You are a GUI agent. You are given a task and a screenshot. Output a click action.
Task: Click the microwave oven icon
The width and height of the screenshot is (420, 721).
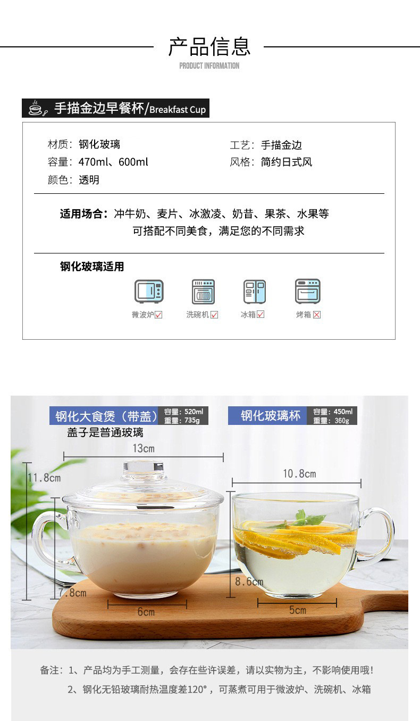pyautogui.click(x=149, y=291)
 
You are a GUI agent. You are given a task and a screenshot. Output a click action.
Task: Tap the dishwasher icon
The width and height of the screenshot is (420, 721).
pyautogui.click(x=203, y=292)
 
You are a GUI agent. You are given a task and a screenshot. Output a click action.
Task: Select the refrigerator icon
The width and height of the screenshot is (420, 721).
pyautogui.click(x=255, y=292)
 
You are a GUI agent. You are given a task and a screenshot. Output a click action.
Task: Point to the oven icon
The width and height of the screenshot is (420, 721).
pyautogui.click(x=307, y=291)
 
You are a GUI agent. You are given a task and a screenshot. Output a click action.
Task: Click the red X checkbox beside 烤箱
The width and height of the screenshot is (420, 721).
pyautogui.click(x=317, y=315)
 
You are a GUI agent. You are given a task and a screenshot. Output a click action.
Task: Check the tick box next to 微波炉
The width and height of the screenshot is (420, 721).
pyautogui.click(x=158, y=315)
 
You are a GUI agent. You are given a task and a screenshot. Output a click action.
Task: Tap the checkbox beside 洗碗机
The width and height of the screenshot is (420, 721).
pyautogui.click(x=214, y=315)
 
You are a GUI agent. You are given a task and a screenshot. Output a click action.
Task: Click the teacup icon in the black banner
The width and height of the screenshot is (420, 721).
pyautogui.click(x=37, y=108)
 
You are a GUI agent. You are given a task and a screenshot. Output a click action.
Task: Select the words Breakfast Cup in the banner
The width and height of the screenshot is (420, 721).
pyautogui.click(x=178, y=110)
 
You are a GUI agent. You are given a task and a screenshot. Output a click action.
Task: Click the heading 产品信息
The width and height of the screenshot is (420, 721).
pyautogui.click(x=209, y=47)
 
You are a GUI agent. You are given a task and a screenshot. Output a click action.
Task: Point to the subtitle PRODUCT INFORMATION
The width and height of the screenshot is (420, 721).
pyautogui.click(x=209, y=66)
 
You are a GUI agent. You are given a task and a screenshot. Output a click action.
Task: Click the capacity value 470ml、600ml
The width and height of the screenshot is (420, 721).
pyautogui.click(x=113, y=162)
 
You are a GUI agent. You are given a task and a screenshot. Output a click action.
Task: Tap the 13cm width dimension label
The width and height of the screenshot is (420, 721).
pyautogui.click(x=144, y=448)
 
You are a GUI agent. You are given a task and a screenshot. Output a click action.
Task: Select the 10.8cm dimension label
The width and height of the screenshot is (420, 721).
pyautogui.click(x=299, y=474)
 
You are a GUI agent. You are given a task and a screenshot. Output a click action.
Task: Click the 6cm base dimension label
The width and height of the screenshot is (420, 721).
pyautogui.click(x=146, y=611)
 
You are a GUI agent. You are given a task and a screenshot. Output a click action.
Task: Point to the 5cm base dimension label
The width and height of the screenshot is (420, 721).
pyautogui.click(x=298, y=610)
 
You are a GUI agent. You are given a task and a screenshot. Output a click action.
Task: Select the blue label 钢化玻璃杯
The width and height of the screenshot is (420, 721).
pyautogui.click(x=271, y=415)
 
